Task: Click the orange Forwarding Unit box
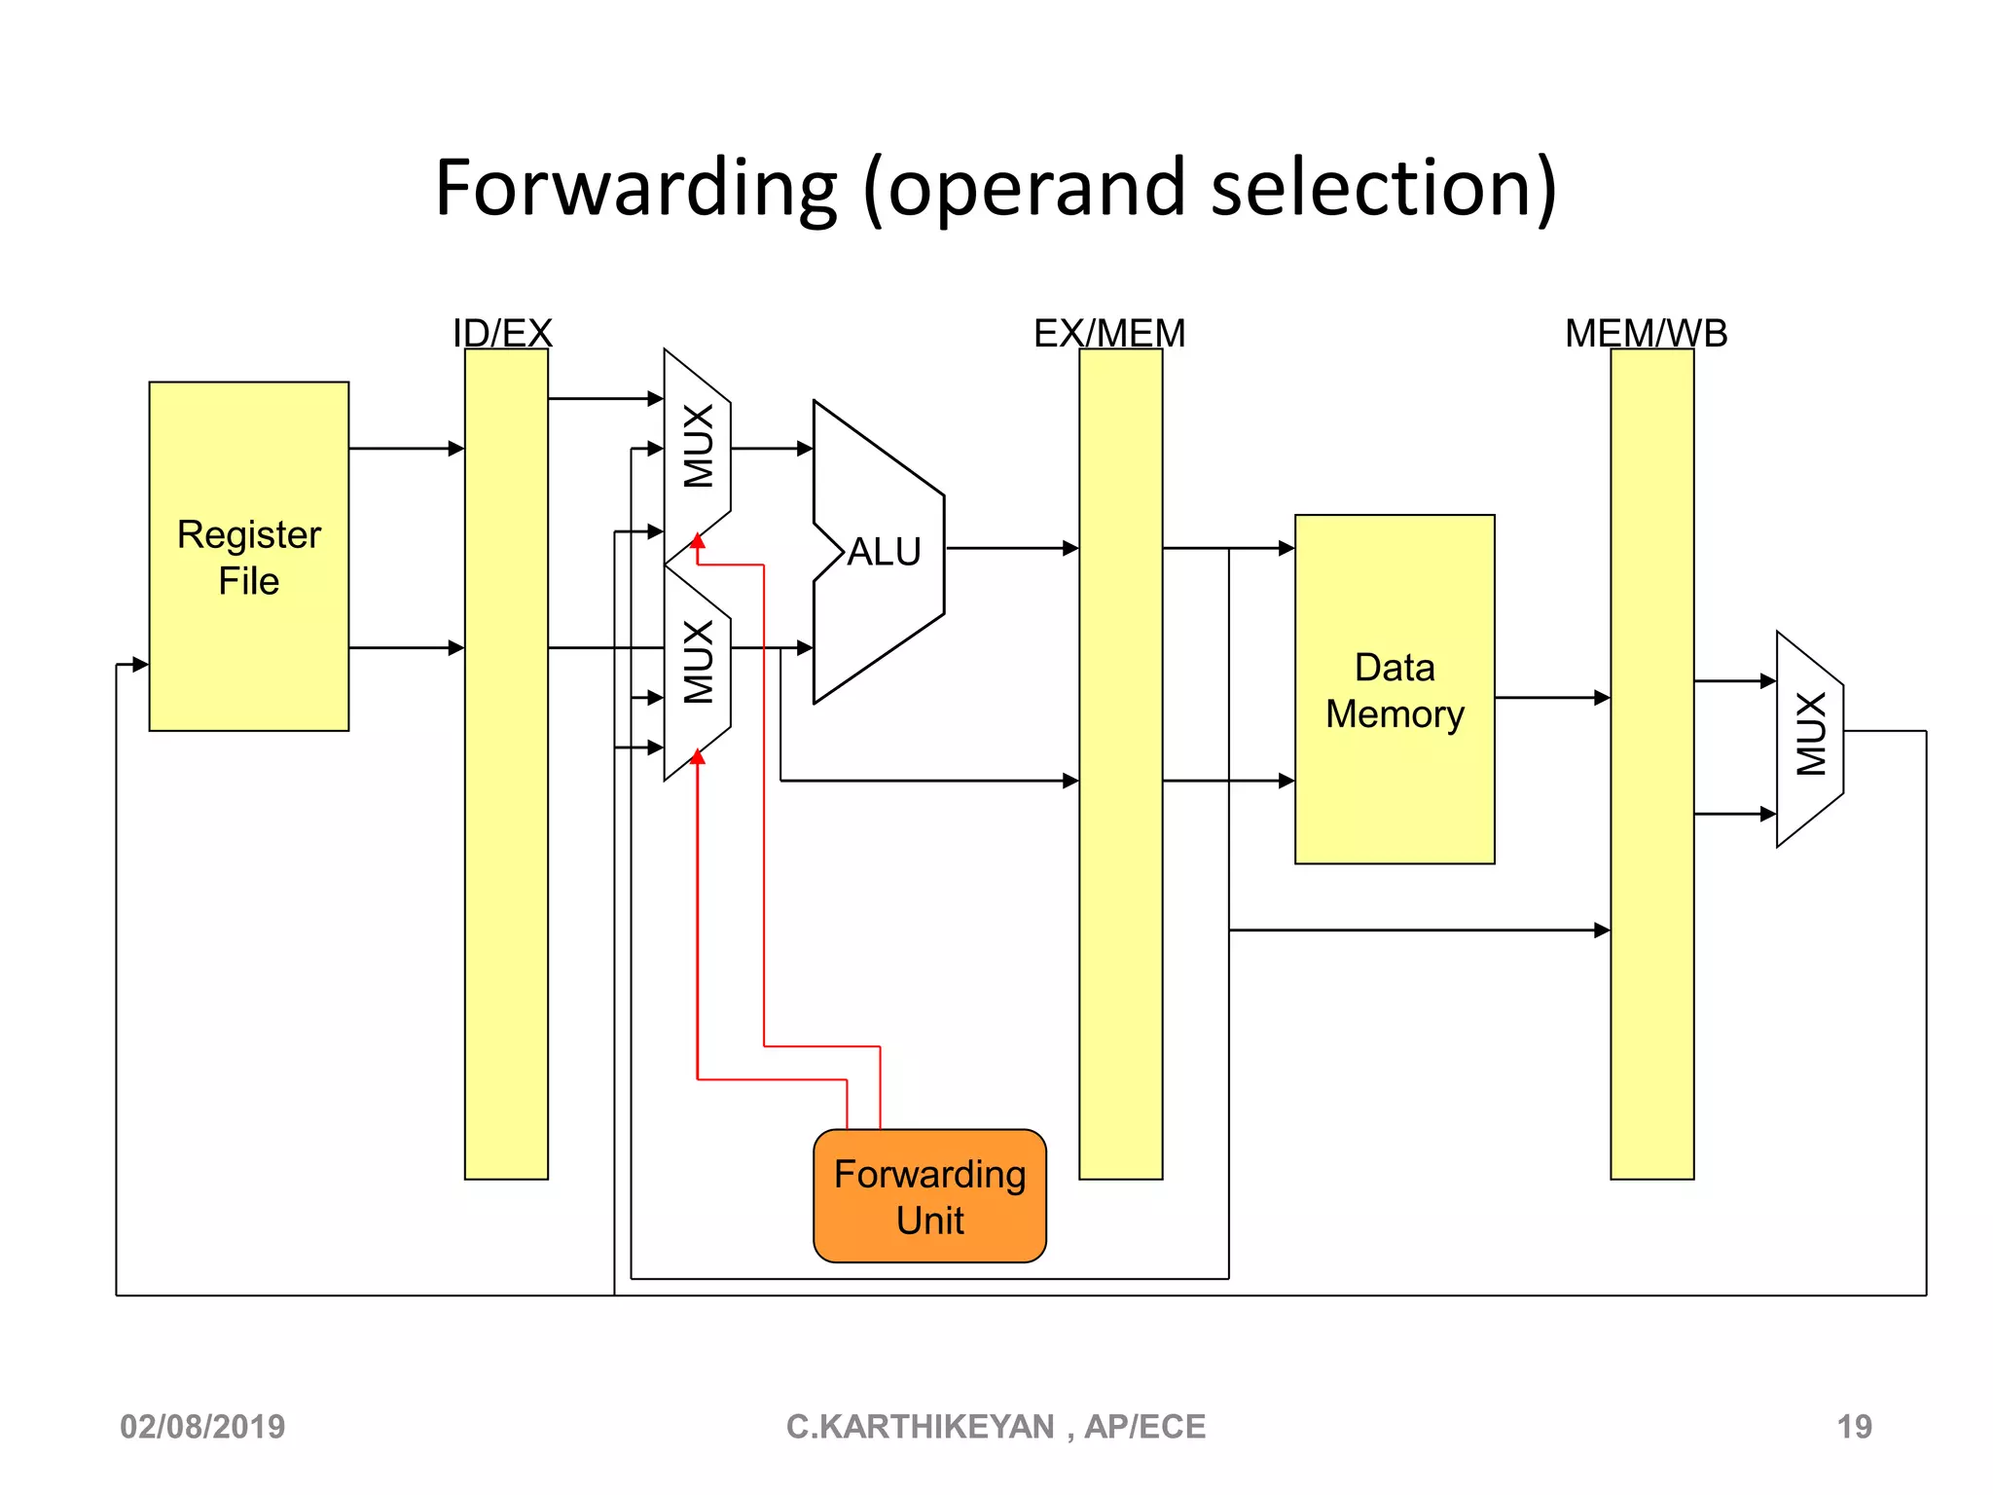tap(929, 1195)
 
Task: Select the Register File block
tap(249, 556)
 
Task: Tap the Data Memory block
tap(1394, 689)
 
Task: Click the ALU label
tap(884, 552)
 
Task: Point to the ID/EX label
tap(502, 333)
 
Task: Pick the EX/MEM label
tap(1109, 333)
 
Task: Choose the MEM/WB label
tap(1646, 333)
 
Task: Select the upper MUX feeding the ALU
tap(698, 448)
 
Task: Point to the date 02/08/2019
tap(202, 1426)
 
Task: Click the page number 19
tap(1854, 1426)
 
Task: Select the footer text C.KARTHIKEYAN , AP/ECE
tap(996, 1426)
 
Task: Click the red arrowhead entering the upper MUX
tap(698, 541)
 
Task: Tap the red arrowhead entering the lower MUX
tap(698, 756)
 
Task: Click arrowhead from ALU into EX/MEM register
tap(1070, 548)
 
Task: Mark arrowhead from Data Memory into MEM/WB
tap(1602, 697)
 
